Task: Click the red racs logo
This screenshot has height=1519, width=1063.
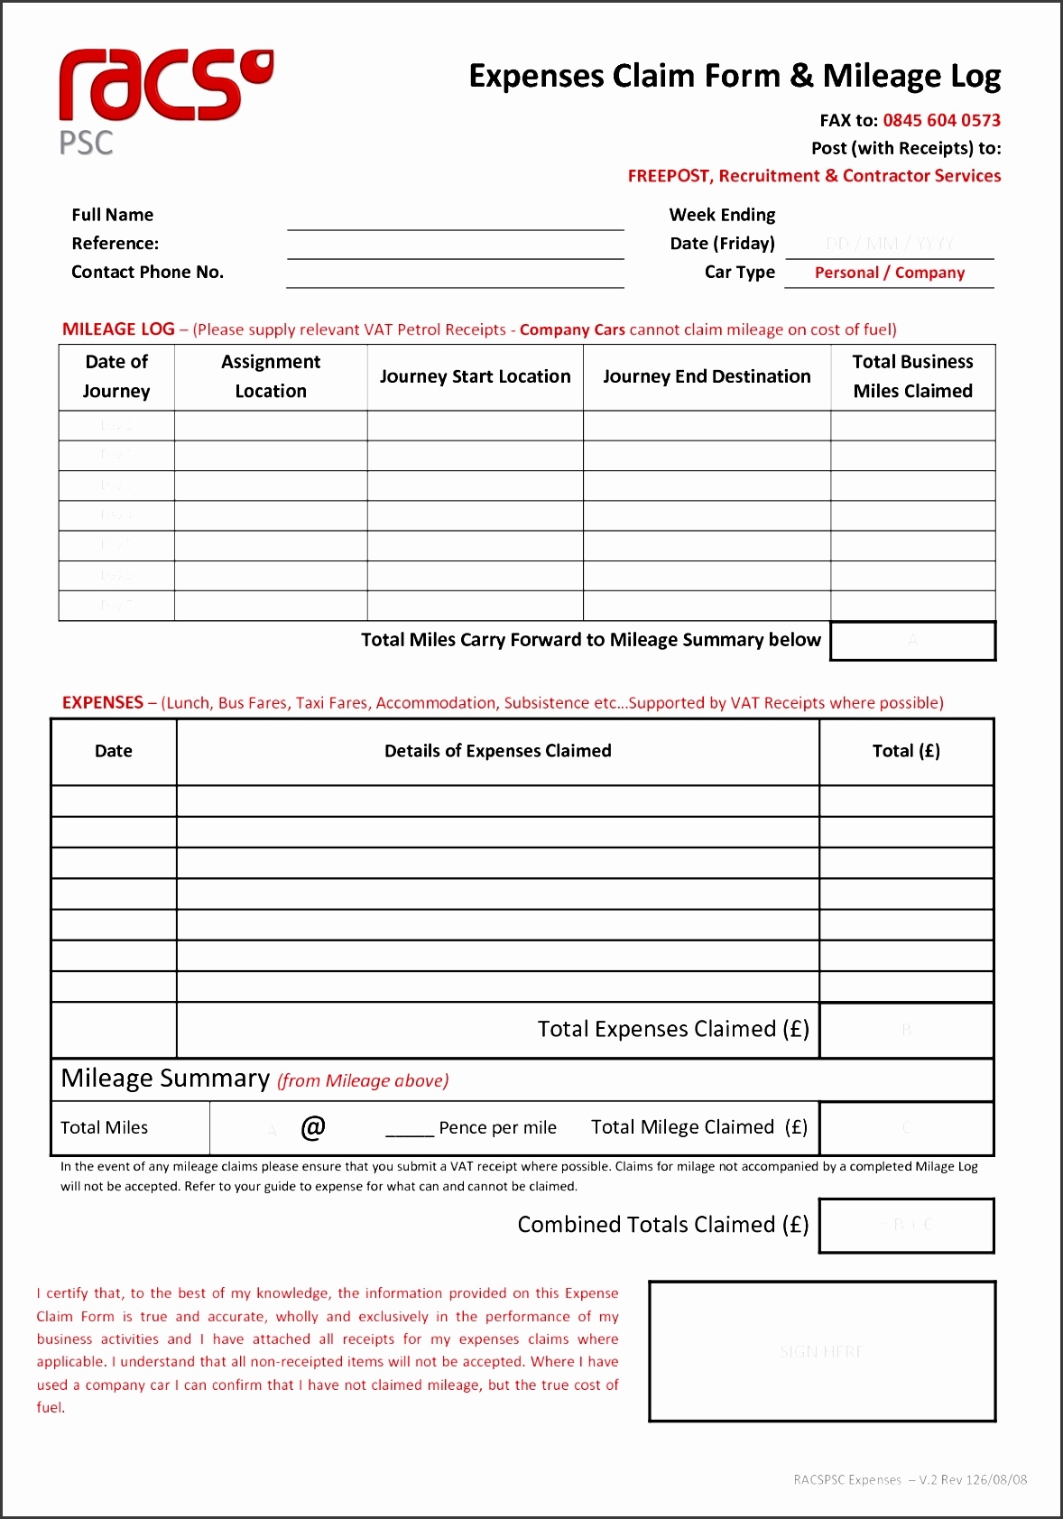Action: point(162,86)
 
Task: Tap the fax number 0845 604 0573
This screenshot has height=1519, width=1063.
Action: point(941,120)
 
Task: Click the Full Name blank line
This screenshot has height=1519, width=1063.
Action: point(455,219)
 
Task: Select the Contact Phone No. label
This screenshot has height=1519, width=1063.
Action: point(147,272)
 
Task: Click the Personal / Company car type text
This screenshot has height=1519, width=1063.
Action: point(889,273)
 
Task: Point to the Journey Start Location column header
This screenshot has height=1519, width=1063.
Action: point(475,376)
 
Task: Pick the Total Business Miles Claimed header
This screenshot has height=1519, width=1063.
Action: point(912,376)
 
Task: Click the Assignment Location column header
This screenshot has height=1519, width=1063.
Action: point(271,376)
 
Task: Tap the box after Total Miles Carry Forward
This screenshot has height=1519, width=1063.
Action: point(912,641)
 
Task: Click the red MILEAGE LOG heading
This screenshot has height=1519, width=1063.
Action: point(118,329)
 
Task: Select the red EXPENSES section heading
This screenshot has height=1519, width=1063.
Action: point(103,702)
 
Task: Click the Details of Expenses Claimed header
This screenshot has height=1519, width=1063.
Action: point(497,751)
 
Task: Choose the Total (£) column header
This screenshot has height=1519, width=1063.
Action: point(906,751)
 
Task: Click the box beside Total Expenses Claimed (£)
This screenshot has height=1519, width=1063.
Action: point(906,1030)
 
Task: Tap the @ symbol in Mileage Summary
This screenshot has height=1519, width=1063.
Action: point(313,1127)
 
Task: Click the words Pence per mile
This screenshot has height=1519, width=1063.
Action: point(497,1127)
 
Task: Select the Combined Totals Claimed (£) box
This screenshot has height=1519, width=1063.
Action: point(906,1226)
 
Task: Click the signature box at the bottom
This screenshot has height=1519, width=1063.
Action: point(821,1351)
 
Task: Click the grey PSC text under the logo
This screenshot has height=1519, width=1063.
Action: point(87,144)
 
